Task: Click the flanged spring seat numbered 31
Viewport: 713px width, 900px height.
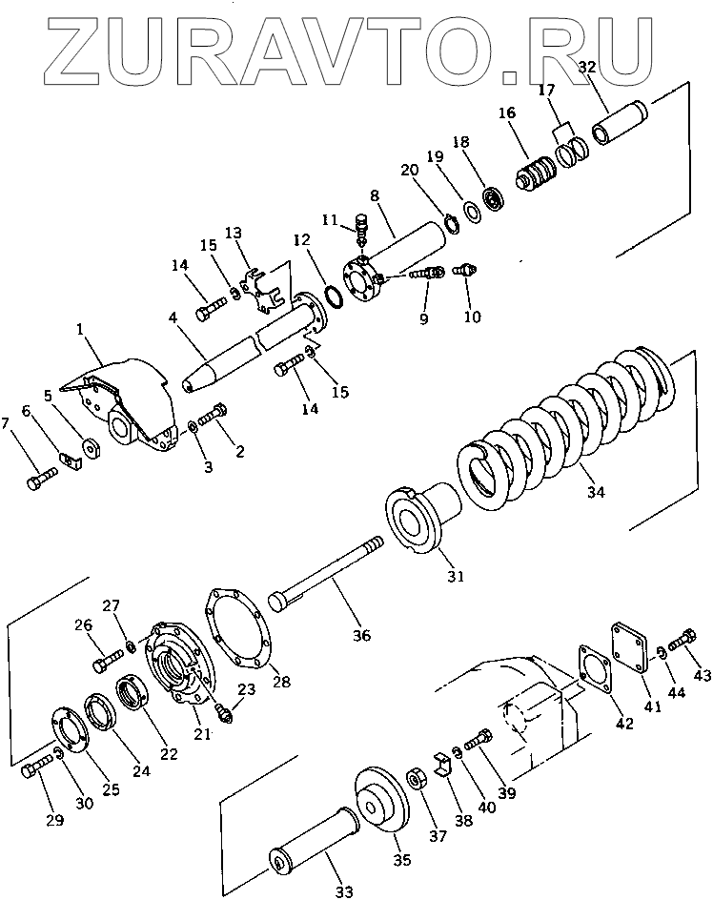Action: [419, 520]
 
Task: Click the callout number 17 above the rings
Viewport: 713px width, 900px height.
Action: [546, 91]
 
